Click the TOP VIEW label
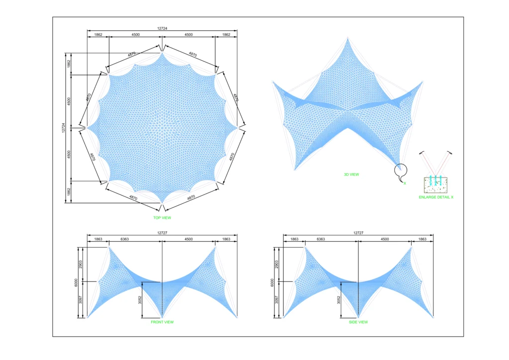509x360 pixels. (x=162, y=217)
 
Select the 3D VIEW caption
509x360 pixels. (x=351, y=175)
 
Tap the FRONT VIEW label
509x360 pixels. (x=162, y=322)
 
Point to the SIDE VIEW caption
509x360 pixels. (x=358, y=322)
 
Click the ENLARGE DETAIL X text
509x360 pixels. (x=436, y=197)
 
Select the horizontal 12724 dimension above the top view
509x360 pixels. (x=162, y=28)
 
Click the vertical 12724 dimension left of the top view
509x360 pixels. (x=63, y=128)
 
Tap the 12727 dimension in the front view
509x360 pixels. (x=162, y=233)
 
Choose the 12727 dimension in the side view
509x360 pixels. (x=358, y=233)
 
